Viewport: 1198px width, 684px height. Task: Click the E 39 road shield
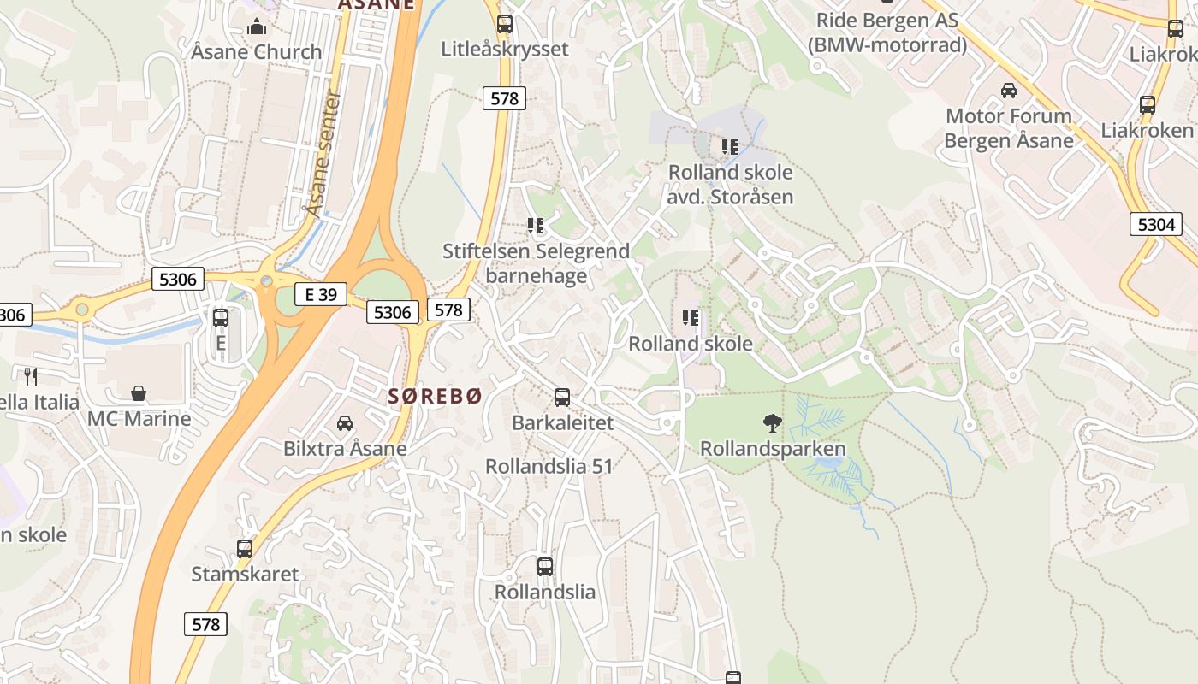[x=321, y=295]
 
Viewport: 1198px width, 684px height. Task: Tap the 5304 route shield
[x=1156, y=225]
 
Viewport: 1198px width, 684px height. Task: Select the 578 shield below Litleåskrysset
[x=504, y=98]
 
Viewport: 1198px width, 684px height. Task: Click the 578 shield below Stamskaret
[x=206, y=624]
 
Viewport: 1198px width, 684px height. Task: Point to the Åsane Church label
[x=257, y=52]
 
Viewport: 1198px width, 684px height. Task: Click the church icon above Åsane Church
[x=256, y=27]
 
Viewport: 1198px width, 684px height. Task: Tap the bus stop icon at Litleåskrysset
[x=505, y=24]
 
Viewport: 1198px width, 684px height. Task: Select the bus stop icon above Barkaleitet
[x=562, y=398]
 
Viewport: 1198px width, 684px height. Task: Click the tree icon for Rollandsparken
[x=772, y=422]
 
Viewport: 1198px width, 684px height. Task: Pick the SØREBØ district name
[x=436, y=396]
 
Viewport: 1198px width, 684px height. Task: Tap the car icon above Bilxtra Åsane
[x=344, y=422]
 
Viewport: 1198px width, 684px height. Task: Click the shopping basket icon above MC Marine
[x=139, y=393]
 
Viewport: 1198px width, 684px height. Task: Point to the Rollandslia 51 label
[x=549, y=466]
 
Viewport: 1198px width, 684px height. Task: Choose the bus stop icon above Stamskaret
[x=245, y=549]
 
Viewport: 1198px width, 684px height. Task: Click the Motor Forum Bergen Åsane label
[x=1009, y=128]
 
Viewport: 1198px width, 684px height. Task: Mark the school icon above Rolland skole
[x=691, y=319]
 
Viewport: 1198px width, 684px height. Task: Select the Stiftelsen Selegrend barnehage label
[x=536, y=263]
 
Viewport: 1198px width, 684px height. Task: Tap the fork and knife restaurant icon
[x=31, y=376]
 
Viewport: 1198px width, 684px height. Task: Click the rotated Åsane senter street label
[x=323, y=154]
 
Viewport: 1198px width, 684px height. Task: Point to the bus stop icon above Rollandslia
[x=545, y=566]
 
